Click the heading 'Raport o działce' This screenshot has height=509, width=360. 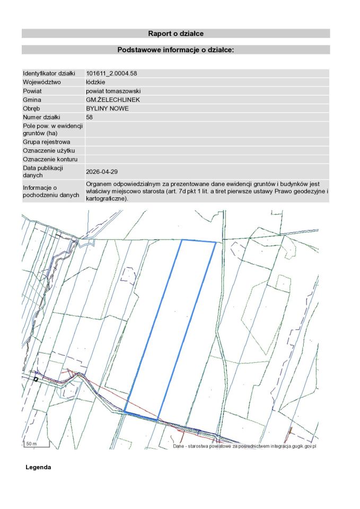tap(175, 33)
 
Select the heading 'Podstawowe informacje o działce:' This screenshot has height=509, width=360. tap(175, 50)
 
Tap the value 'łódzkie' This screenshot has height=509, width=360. tap(95, 82)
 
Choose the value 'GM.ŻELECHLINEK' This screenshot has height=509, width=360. tap(109, 100)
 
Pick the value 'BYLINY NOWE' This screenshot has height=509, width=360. tap(107, 108)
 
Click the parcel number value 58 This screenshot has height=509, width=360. tap(89, 117)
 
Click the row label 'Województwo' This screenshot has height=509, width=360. tap(42, 82)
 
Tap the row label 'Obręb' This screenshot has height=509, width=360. tap(32, 108)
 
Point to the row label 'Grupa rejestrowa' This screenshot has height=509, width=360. tap(46, 142)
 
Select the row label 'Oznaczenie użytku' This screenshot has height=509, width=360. tap(48, 151)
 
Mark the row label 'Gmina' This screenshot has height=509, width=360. tap(32, 100)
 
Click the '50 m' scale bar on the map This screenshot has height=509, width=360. tap(32, 444)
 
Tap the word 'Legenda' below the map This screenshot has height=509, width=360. tap(38, 468)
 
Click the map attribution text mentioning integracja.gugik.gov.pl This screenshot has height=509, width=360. tap(244, 446)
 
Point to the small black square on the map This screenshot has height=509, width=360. tap(36, 379)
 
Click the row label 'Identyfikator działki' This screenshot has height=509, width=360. tap(49, 73)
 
